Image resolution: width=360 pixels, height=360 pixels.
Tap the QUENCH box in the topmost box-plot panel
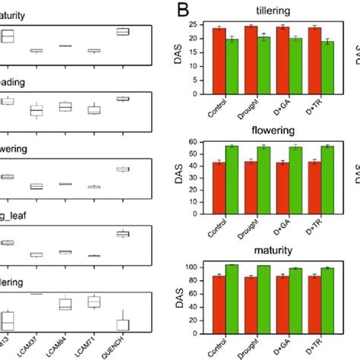(122, 31)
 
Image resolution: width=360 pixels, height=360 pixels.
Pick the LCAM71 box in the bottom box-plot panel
(94, 302)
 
